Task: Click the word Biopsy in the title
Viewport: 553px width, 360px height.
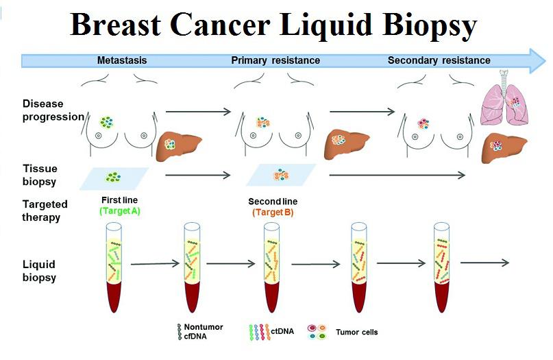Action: coord(430,25)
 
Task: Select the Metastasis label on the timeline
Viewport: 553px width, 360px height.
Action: coord(122,60)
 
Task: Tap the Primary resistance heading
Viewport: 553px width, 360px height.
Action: coord(275,60)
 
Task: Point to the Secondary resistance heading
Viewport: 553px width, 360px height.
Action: coord(439,60)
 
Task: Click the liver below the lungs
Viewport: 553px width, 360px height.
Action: coord(504,147)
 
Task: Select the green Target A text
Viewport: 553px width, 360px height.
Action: coord(120,211)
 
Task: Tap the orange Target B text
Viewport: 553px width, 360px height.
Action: coord(273,213)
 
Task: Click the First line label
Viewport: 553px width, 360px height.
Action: coord(119,200)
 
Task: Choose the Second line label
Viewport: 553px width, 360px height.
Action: coord(273,202)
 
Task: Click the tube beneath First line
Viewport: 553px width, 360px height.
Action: coord(114,267)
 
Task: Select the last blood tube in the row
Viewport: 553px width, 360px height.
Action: coord(441,267)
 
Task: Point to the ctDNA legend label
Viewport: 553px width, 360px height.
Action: coord(282,331)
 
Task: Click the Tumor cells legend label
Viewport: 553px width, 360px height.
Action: coord(356,332)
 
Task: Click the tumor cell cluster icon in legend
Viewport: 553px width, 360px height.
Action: coord(317,332)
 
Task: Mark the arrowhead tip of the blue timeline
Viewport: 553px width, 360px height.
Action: coord(546,61)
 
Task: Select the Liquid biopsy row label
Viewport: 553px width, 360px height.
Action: coord(39,271)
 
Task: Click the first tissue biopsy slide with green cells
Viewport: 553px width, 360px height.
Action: coord(114,178)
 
